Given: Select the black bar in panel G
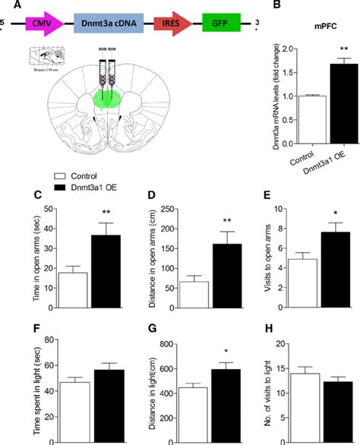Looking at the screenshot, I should coord(207,406).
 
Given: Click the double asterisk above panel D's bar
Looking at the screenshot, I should coord(206,221).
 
